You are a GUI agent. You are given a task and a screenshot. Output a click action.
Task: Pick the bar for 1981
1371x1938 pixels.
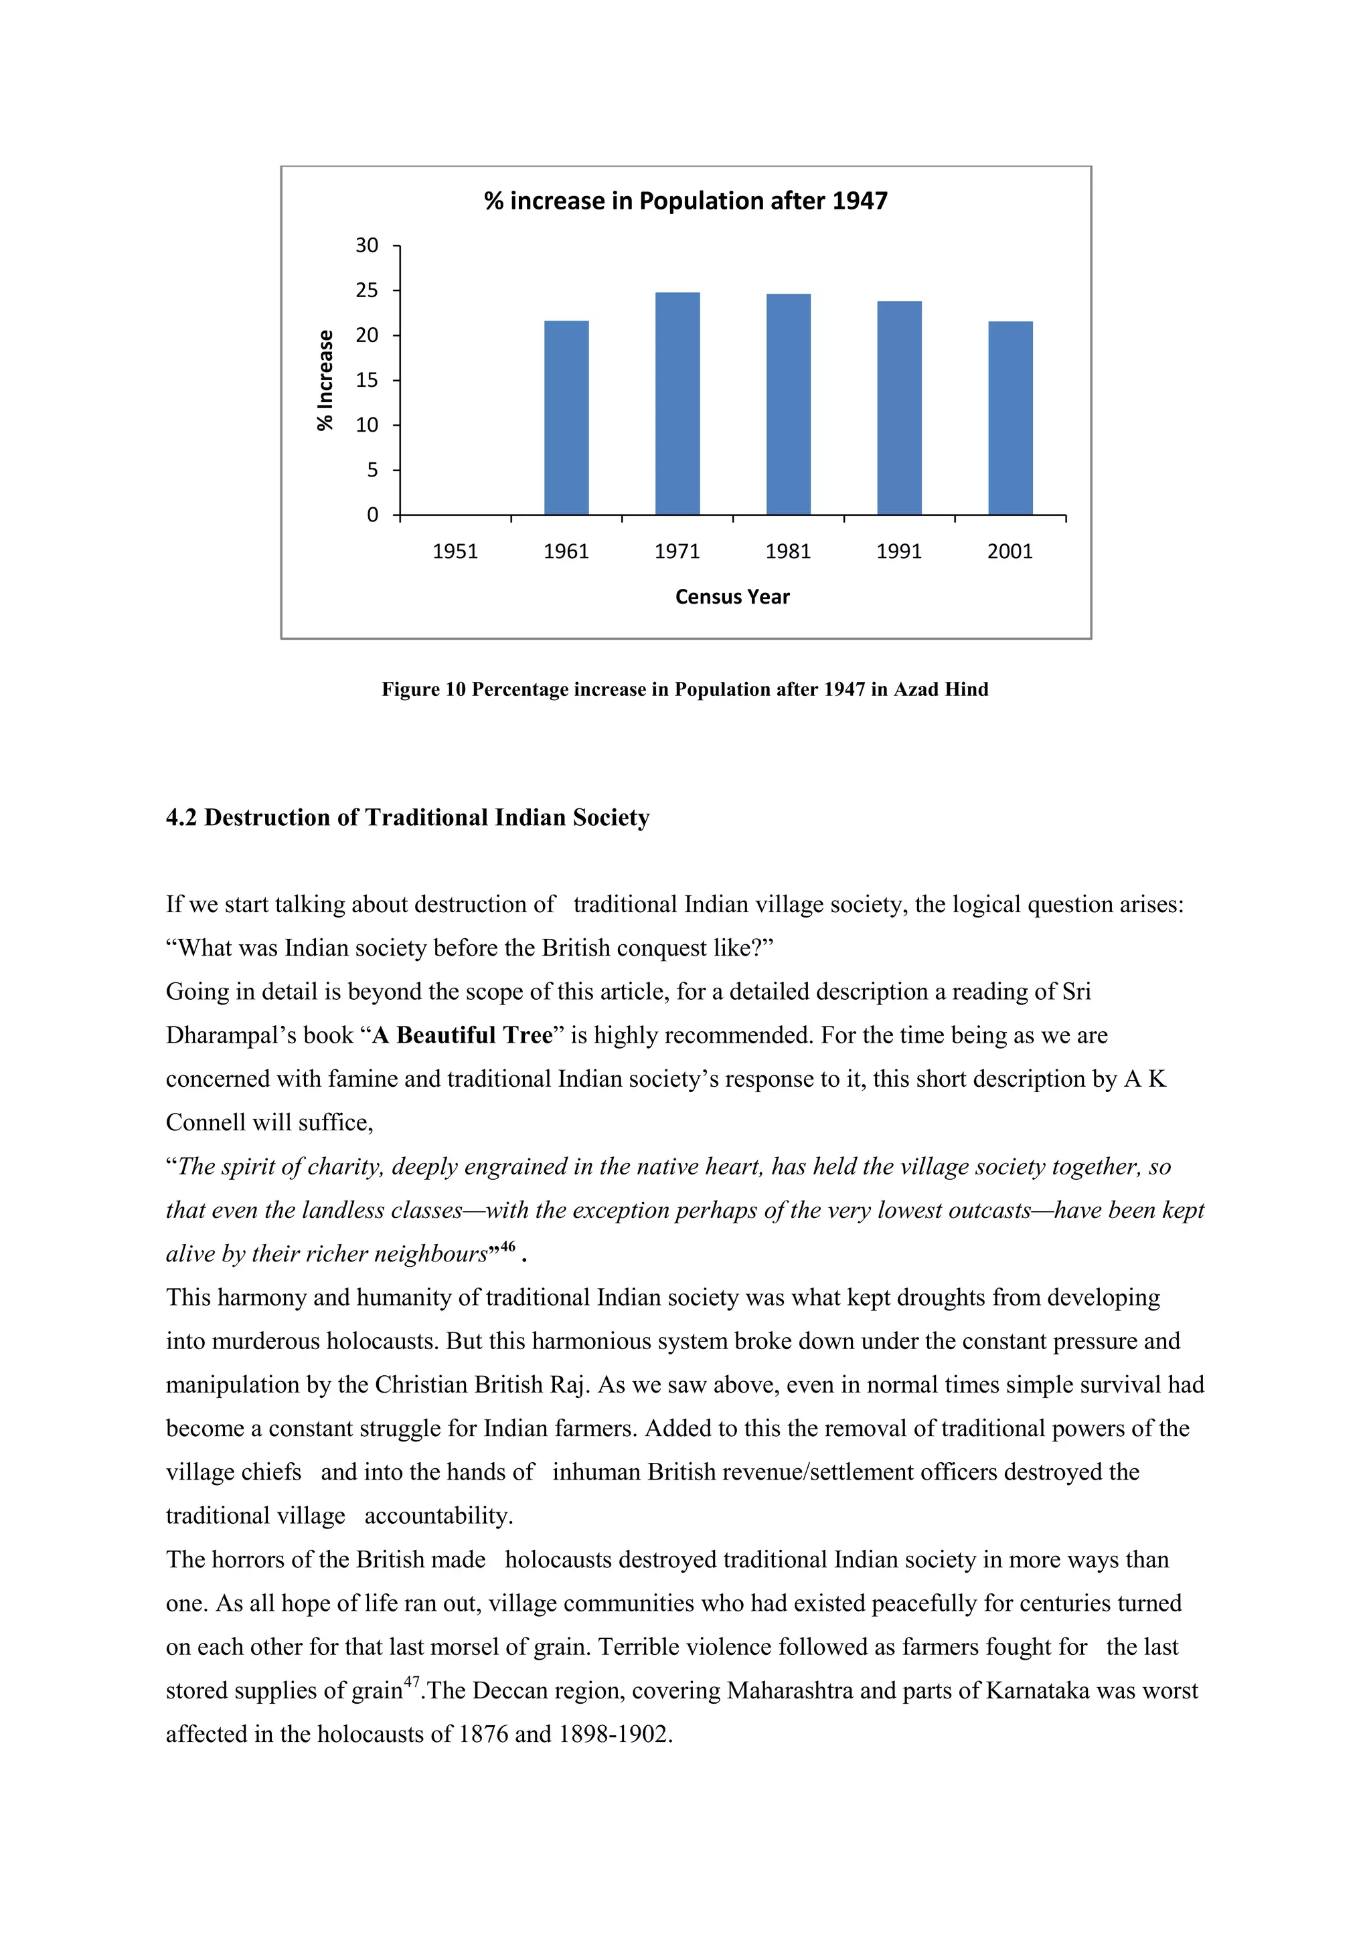point(788,404)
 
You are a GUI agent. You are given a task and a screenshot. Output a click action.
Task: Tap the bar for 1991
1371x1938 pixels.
point(899,408)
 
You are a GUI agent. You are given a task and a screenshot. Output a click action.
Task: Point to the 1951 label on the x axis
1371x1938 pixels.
point(455,551)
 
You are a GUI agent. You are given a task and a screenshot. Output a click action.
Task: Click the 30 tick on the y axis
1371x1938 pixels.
point(366,246)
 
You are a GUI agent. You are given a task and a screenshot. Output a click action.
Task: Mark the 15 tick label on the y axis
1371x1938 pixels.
point(366,380)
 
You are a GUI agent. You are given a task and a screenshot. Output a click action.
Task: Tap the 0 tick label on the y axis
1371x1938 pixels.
point(372,515)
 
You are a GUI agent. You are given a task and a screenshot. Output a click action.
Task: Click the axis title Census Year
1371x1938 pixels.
point(732,597)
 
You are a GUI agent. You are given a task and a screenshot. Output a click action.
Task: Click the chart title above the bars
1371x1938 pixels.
point(685,201)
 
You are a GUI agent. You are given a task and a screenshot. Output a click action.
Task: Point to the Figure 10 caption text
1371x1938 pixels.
point(685,690)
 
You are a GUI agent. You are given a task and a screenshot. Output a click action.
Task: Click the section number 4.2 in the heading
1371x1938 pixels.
point(181,817)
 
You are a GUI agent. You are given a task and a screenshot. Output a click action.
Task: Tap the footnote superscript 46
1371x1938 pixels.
point(507,1247)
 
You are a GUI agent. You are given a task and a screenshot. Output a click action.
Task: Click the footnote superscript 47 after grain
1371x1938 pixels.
point(411,1682)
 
